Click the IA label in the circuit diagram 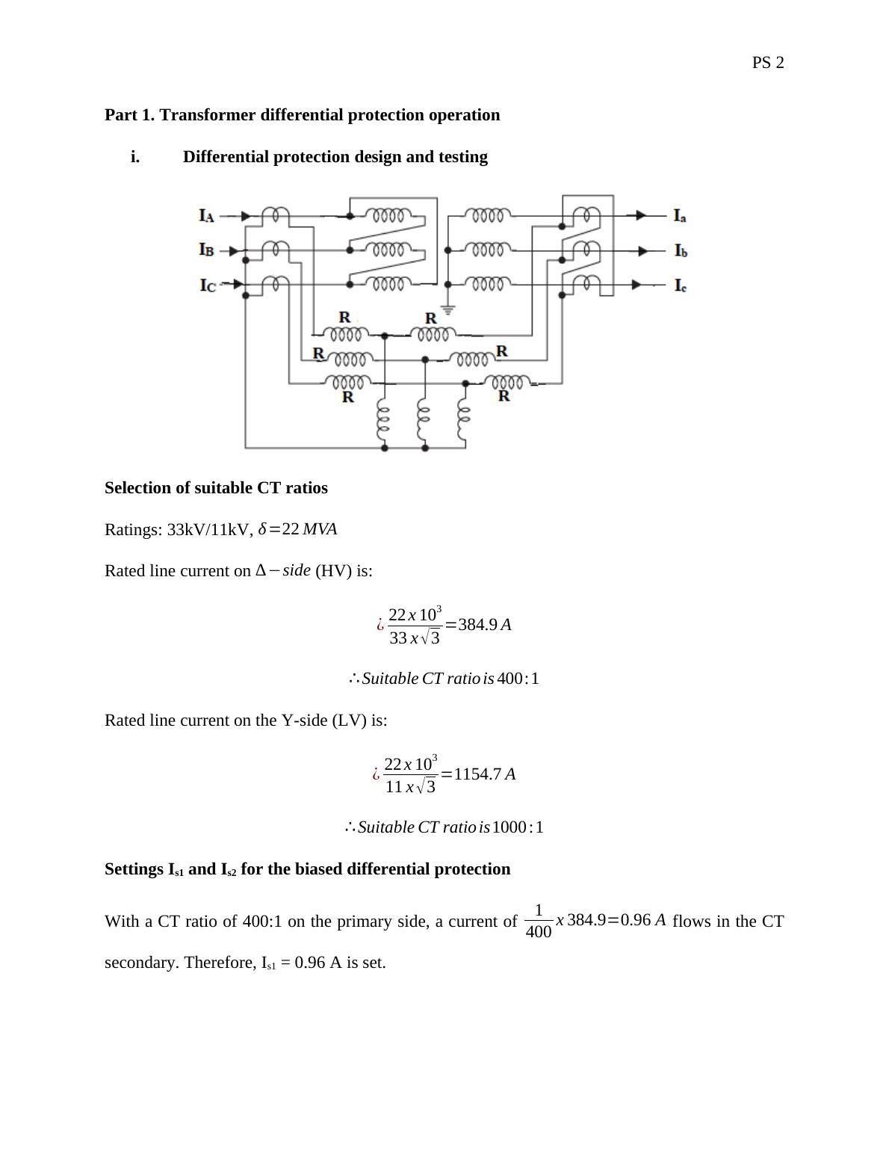click(x=207, y=216)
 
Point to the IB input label click(x=207, y=250)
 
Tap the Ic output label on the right click(x=680, y=285)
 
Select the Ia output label click(x=680, y=216)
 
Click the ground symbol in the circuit click(x=448, y=309)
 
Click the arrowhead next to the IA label click(x=246, y=216)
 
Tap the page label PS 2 click(x=768, y=63)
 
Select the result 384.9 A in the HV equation click(x=485, y=625)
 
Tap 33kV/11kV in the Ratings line click(x=208, y=530)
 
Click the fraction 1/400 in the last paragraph click(x=539, y=922)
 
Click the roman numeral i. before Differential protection click(x=135, y=157)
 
